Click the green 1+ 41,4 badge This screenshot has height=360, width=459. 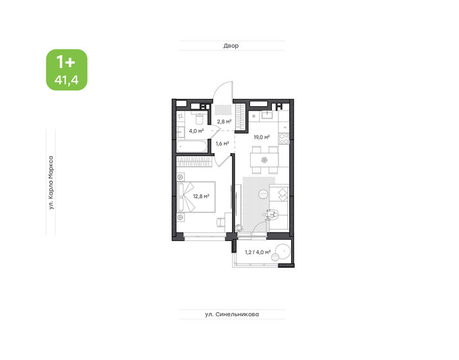pyautogui.click(x=67, y=69)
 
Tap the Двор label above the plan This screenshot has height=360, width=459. pyautogui.click(x=231, y=46)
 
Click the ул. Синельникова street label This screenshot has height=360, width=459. pyautogui.click(x=232, y=314)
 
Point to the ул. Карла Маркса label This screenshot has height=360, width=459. pyautogui.click(x=51, y=183)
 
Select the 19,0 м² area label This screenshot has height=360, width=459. pyautogui.click(x=262, y=137)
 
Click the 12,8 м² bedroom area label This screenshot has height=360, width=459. pyautogui.click(x=201, y=196)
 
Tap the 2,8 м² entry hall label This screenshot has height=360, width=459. pyautogui.click(x=224, y=121)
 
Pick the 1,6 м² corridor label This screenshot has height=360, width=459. pyautogui.click(x=222, y=143)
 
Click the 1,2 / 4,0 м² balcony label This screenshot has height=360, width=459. pyautogui.click(x=258, y=252)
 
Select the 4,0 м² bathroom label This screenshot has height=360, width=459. pyautogui.click(x=196, y=131)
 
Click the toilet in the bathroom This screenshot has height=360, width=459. pyautogui.click(x=199, y=118)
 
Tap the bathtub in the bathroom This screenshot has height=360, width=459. pyautogui.click(x=192, y=146)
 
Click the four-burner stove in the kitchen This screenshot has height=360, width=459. pyautogui.click(x=283, y=138)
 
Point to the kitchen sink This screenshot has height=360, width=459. pyautogui.click(x=267, y=114)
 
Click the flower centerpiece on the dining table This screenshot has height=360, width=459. pyautogui.click(x=264, y=160)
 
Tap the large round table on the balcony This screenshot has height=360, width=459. pyautogui.click(x=283, y=252)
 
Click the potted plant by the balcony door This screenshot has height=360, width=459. pyautogui.click(x=239, y=228)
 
